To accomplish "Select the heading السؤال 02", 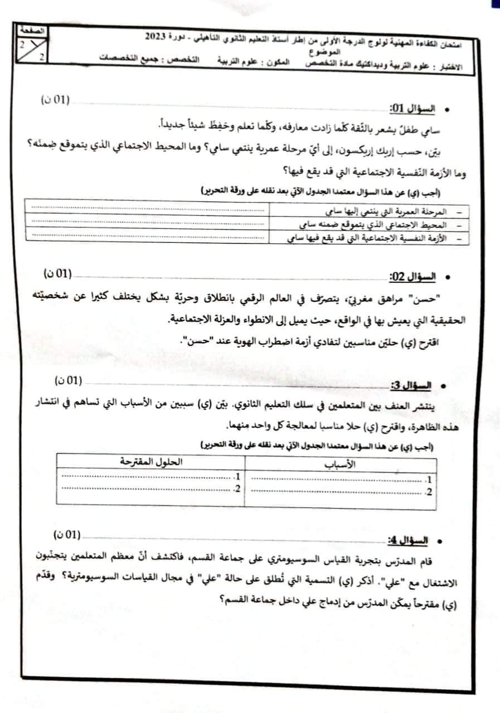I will [410, 277].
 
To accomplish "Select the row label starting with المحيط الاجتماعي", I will [374, 225].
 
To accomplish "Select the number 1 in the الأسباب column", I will [428, 480].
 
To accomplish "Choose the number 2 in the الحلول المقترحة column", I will [237, 489].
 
